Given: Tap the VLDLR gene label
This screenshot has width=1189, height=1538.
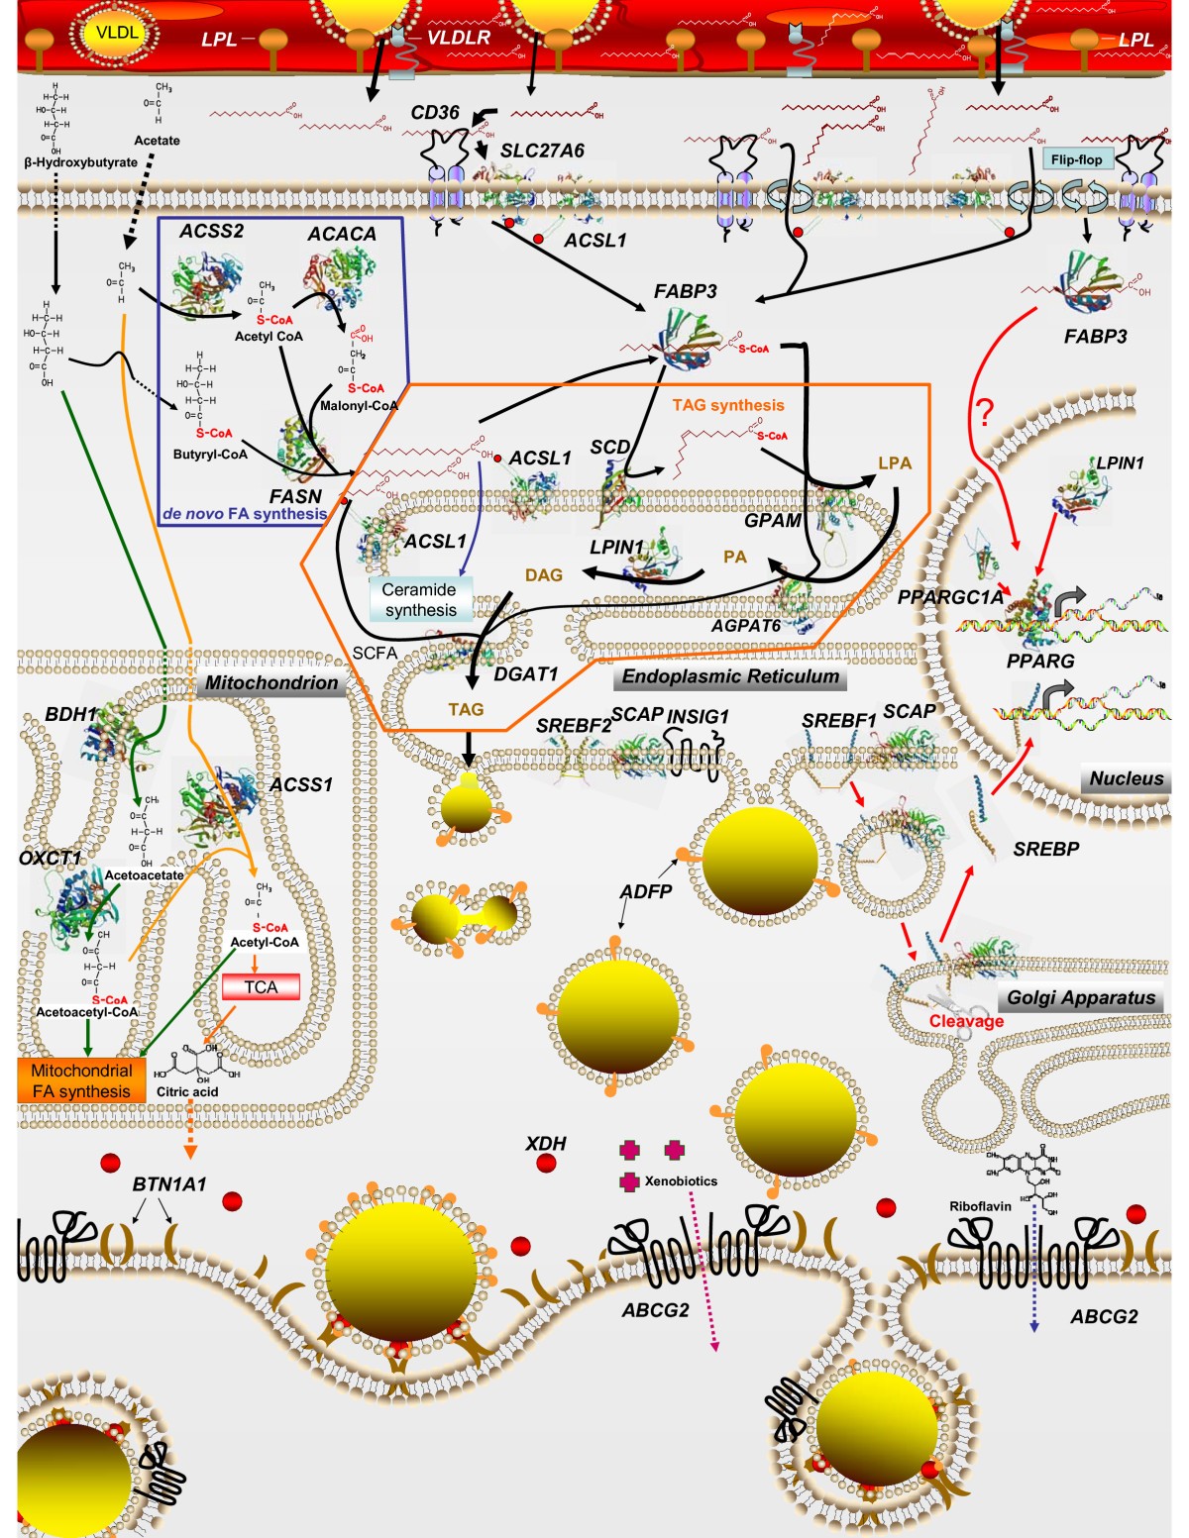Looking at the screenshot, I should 458,38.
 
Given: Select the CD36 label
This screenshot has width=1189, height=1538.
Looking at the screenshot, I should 435,113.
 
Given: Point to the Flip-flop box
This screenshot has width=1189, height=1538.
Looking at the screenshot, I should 1076,159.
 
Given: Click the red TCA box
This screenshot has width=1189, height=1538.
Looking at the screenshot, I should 261,986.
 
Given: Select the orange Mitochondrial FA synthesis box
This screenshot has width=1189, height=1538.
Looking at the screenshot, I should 81,1080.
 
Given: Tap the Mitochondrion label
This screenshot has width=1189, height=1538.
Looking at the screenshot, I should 270,682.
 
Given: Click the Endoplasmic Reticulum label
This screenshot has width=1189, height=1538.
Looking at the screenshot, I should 731,676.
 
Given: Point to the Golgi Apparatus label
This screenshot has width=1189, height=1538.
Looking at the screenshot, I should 1081,997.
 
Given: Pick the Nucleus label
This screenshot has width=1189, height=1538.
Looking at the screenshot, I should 1127,778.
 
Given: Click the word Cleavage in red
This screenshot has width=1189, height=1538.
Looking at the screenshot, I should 966,1021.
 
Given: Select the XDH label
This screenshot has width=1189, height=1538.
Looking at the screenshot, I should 545,1143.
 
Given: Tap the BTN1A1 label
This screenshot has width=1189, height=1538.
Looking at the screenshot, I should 169,1183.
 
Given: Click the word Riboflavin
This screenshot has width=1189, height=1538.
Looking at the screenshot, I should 980,1206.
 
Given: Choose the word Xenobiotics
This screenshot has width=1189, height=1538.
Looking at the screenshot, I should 681,1181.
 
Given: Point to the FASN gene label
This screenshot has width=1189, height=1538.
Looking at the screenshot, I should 295,496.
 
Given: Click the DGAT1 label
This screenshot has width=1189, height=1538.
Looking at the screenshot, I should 526,673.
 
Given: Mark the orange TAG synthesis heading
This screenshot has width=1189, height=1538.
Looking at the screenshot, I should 727,405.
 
